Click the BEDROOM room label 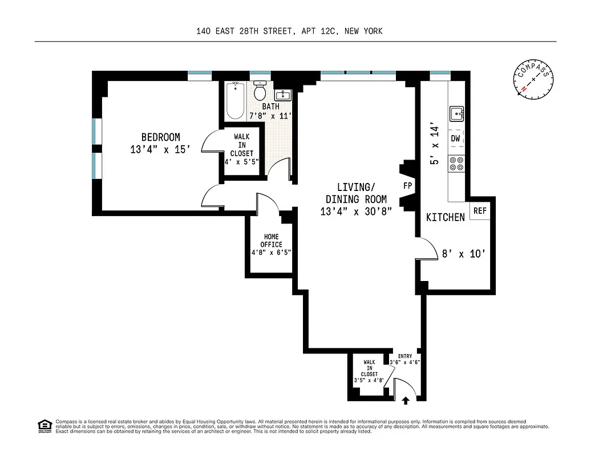point(160,137)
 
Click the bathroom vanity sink point(283,95)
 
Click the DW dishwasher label point(456,139)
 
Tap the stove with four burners point(456,164)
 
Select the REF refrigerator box point(480,211)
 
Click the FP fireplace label point(408,186)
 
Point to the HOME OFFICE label point(272,241)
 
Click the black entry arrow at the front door point(406,401)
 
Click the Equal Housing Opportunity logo point(44,425)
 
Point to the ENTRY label point(404,356)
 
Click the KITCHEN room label point(446,217)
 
